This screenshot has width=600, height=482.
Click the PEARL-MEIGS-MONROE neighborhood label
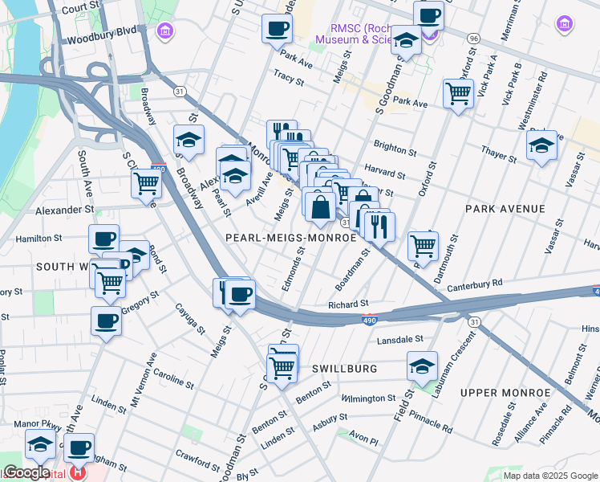point(290,238)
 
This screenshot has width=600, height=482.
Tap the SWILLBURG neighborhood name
point(346,368)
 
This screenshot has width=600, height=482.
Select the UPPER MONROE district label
point(505,392)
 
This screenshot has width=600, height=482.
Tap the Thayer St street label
point(498,150)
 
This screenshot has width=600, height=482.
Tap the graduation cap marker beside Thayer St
point(541,145)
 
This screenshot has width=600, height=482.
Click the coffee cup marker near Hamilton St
point(103,238)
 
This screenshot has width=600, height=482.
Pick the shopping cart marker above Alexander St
point(147,182)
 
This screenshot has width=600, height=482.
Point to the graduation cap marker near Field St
point(422,366)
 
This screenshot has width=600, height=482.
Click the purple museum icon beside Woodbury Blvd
point(165,32)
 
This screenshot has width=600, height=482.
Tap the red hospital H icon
point(77,473)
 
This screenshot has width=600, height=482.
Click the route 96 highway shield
point(474,38)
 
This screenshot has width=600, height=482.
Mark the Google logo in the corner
point(26,472)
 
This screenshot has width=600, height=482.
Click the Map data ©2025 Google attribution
point(550,475)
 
